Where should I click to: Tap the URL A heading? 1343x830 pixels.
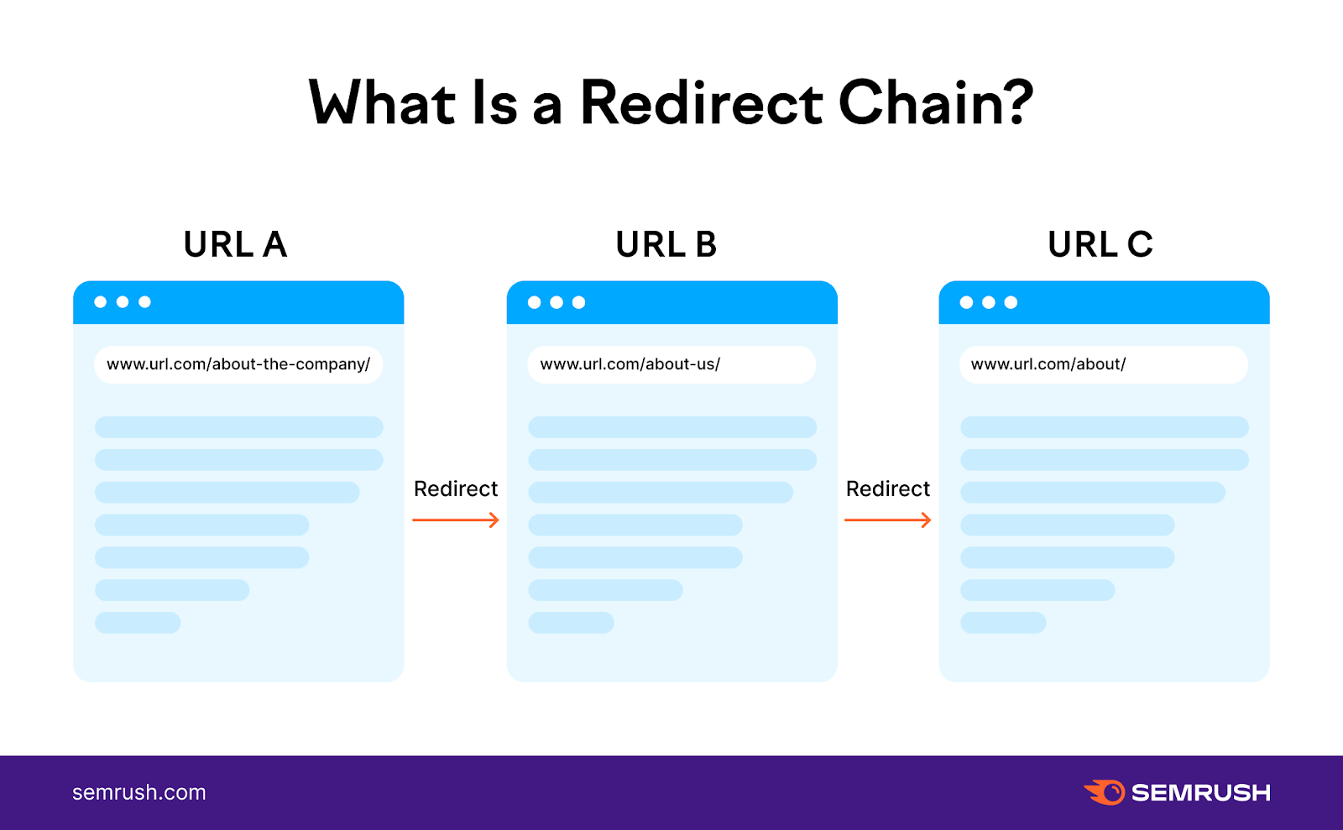point(235,245)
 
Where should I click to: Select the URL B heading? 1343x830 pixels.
point(666,245)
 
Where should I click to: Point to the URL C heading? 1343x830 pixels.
point(1100,245)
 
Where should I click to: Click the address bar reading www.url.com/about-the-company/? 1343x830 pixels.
point(238,365)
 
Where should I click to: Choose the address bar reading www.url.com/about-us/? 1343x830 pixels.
point(671,365)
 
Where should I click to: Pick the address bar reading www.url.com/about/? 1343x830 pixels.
point(1103,365)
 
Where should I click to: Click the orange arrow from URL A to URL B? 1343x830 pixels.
point(456,520)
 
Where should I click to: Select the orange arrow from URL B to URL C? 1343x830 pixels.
point(888,520)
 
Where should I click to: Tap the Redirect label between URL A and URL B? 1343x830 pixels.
point(456,489)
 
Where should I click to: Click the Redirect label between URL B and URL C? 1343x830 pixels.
point(888,489)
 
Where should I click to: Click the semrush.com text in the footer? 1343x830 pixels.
point(139,792)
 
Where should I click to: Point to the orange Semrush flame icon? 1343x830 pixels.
point(1105,792)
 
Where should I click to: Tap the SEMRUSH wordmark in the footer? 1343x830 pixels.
point(1200,793)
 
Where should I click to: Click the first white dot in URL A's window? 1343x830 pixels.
point(101,302)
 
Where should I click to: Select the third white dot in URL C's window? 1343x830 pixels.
point(1011,302)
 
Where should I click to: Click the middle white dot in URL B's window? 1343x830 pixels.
point(557,302)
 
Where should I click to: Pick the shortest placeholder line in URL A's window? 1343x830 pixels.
point(138,623)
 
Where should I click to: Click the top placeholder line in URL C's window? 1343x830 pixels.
point(1104,427)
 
